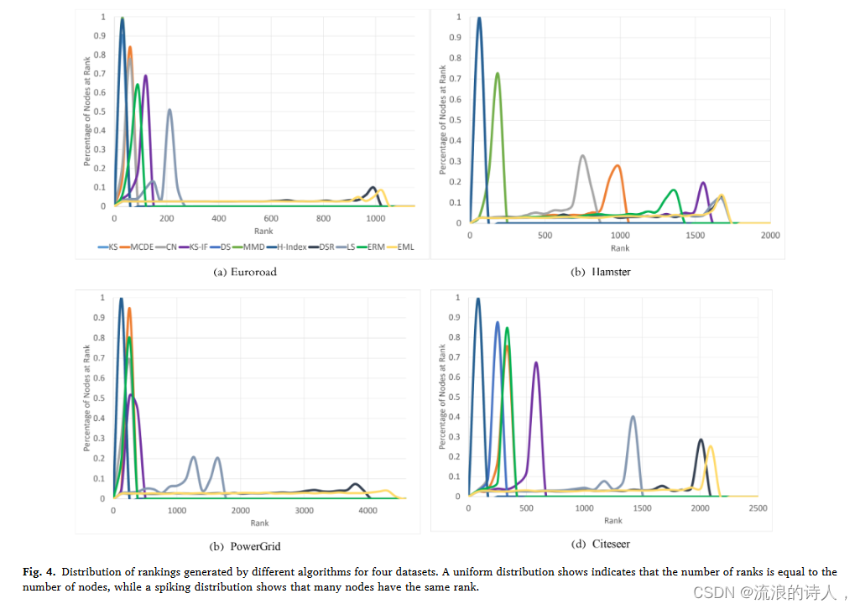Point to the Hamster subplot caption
pos(600,273)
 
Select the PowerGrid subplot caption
pos(246,546)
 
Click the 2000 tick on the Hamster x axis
pos(769,236)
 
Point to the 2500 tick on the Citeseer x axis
pos(757,508)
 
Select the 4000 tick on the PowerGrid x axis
pos(367,510)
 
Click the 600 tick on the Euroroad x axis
pos(271,218)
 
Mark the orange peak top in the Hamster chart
pos(618,165)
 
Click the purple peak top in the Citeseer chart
pos(535,362)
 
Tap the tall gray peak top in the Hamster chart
pos(582,155)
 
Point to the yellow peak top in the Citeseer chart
pos(711,445)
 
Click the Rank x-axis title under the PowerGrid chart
pos(258,523)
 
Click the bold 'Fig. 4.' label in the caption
pos(39,572)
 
